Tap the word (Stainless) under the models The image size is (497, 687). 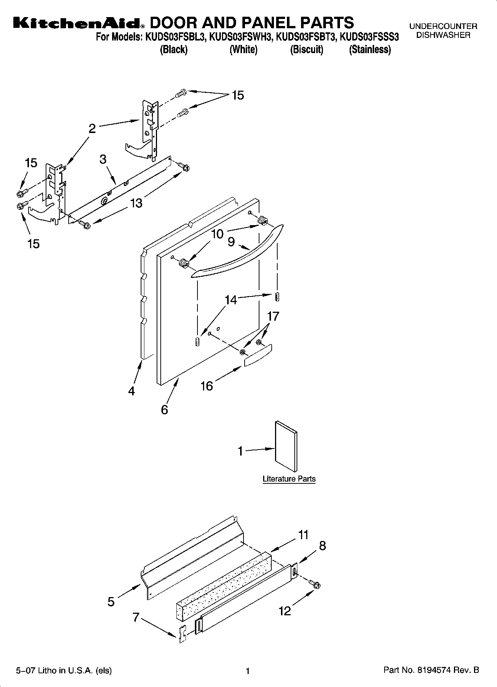pyautogui.click(x=370, y=49)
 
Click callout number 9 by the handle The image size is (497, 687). pyautogui.click(x=231, y=242)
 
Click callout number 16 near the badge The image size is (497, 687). pyautogui.click(x=207, y=386)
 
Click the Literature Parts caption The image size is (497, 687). pyautogui.click(x=289, y=479)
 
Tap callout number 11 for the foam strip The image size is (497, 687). pyautogui.click(x=303, y=535)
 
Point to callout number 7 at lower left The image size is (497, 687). pyautogui.click(x=136, y=618)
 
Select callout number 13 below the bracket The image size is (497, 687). pyautogui.click(x=136, y=203)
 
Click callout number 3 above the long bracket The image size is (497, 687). pyautogui.click(x=103, y=159)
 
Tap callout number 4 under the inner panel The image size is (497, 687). pyautogui.click(x=131, y=391)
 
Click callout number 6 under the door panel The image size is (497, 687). pyautogui.click(x=164, y=409)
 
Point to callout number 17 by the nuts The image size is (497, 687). pyautogui.click(x=273, y=317)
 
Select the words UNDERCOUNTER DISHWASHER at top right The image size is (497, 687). pyautogui.click(x=443, y=31)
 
